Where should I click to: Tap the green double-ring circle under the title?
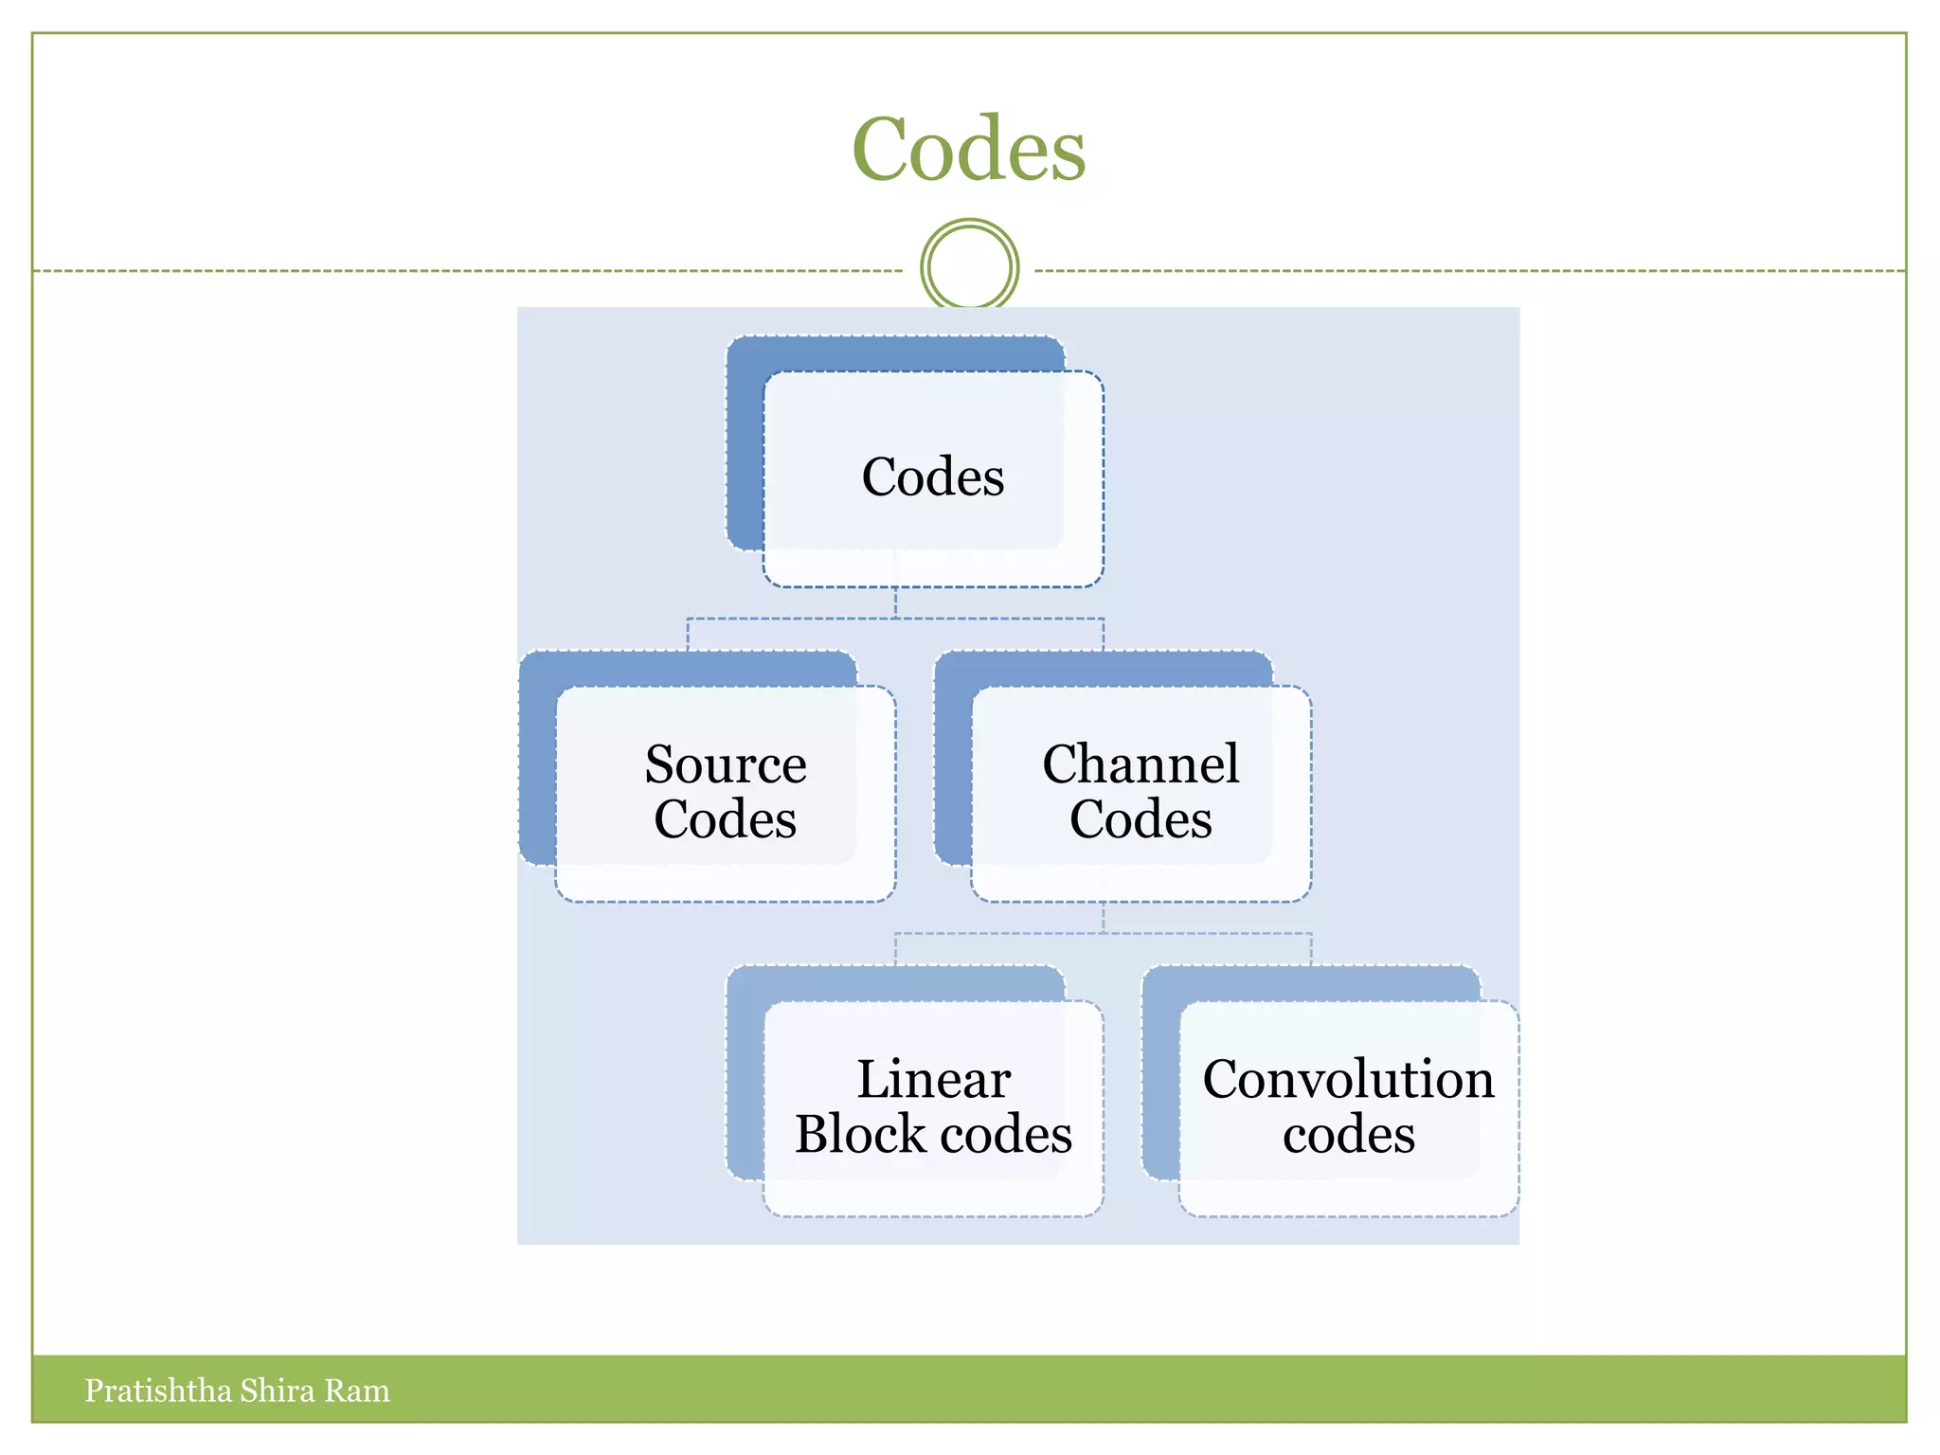coord(969,267)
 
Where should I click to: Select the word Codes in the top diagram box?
coord(933,476)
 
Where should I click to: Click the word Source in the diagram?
coord(726,764)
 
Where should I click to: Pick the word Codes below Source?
coord(726,820)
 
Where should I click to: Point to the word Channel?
coord(1141,764)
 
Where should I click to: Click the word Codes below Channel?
coord(1141,820)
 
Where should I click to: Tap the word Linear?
coord(934,1080)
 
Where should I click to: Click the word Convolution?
coord(1348,1080)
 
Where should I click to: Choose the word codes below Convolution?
coord(1348,1135)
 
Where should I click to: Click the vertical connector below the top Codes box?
coord(895,602)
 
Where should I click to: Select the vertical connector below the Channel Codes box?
coord(1103,917)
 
